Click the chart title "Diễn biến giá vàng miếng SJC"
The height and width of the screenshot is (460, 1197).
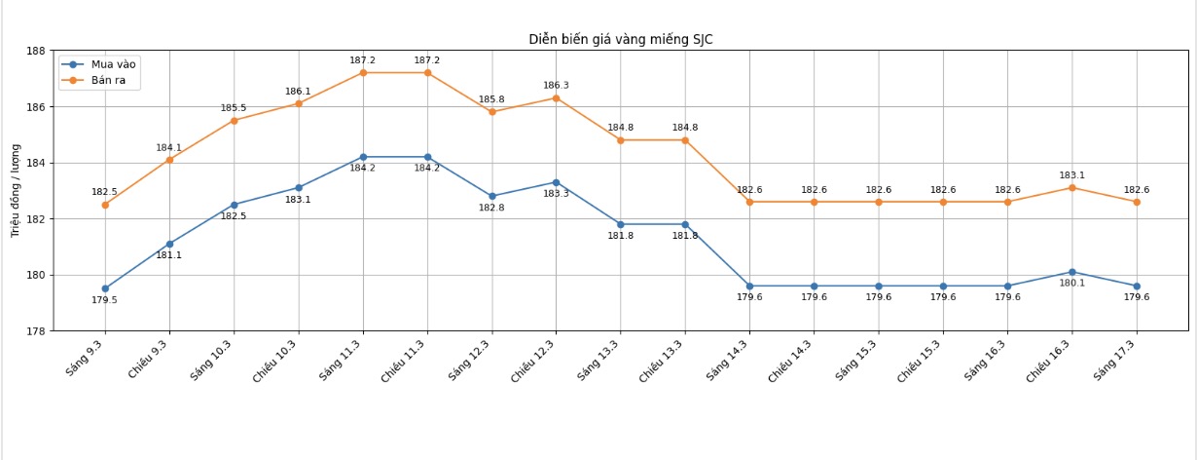(621, 40)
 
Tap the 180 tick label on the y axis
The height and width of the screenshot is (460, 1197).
(35, 275)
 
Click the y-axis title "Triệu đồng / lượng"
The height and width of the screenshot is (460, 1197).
(16, 191)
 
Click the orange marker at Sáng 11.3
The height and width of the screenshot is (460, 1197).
(363, 73)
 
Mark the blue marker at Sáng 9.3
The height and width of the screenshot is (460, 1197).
(105, 288)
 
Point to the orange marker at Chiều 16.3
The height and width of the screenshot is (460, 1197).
(1071, 187)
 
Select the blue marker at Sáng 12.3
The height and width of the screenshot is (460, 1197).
(491, 196)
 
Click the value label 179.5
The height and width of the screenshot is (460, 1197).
(104, 300)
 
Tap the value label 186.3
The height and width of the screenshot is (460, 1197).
(556, 86)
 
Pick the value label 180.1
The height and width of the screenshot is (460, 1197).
(1071, 284)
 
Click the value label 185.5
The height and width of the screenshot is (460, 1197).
(234, 108)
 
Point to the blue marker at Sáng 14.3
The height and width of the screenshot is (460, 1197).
(749, 287)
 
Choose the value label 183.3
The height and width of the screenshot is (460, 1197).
(556, 194)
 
